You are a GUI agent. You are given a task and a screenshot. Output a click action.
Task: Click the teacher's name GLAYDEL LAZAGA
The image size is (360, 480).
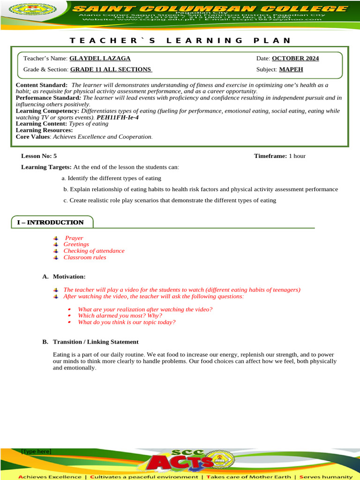pyautogui.click(x=100, y=59)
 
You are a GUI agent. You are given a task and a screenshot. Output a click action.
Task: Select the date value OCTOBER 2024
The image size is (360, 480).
pyautogui.click(x=295, y=59)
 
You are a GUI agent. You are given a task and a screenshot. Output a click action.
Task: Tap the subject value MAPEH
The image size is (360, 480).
pyautogui.click(x=291, y=69)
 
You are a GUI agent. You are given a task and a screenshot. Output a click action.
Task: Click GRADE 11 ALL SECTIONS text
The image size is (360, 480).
pyautogui.click(x=111, y=69)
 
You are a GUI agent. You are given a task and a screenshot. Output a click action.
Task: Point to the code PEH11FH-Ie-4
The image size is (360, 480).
pyautogui.click(x=118, y=117)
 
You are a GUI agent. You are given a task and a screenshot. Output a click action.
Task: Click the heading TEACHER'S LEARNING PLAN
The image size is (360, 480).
pyautogui.click(x=180, y=40)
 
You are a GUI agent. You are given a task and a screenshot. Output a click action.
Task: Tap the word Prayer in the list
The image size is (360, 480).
pyautogui.click(x=74, y=238)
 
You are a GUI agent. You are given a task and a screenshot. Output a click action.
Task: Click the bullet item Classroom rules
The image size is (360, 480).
pyautogui.click(x=85, y=257)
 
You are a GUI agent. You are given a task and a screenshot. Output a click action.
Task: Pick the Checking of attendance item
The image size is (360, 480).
pyautogui.click(x=94, y=251)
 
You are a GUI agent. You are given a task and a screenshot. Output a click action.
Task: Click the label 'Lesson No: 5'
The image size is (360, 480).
pyautogui.click(x=39, y=156)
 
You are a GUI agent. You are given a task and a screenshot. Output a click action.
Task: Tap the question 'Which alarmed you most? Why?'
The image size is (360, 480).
pyautogui.click(x=120, y=316)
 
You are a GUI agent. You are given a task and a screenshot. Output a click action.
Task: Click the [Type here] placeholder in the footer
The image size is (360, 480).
pyautogui.click(x=36, y=451)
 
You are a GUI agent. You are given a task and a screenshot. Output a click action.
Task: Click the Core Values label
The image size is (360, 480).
pyautogui.click(x=33, y=137)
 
